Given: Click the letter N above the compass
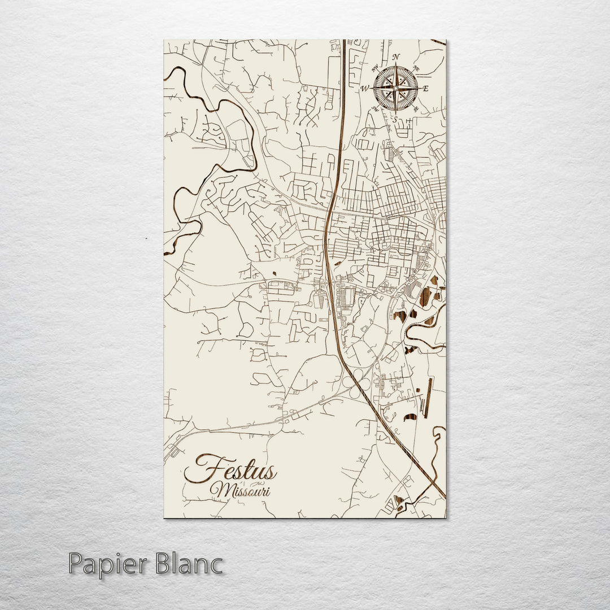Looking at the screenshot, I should pos(396,56).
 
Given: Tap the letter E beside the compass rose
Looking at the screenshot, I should pos(426,89).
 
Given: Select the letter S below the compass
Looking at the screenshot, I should pos(395,119).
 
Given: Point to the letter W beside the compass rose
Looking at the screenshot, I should pos(365,89).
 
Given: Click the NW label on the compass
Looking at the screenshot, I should pos(375,67).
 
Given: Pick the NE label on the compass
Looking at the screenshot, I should pos(416,68).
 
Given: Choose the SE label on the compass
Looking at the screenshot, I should pos(416,108).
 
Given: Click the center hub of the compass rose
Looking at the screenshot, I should pos(395,88).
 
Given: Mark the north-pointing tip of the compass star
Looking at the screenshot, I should pos(395,67).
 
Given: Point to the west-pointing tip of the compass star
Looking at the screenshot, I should pos(373,88).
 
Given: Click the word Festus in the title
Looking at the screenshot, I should pos(230,470).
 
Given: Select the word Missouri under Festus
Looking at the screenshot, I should pos(240,490).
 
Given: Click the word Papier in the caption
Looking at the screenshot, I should pos(104,565).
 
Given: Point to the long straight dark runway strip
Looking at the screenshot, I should pos(429,398).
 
